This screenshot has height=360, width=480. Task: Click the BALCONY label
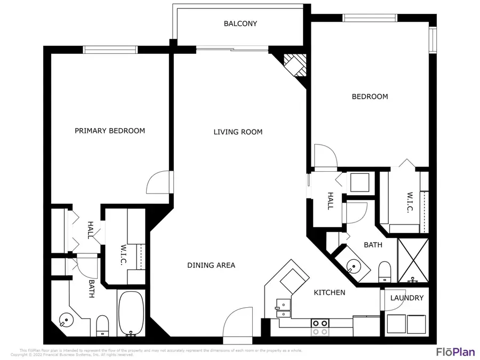(240, 23)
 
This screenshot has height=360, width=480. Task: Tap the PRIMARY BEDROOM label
(109, 131)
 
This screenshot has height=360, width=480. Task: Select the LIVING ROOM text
(238, 132)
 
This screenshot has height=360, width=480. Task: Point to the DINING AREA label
(211, 265)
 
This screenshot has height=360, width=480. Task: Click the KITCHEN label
(329, 292)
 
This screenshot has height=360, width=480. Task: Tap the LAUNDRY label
(407, 298)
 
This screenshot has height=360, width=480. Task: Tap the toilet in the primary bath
(102, 325)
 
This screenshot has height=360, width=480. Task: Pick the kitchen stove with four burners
(319, 326)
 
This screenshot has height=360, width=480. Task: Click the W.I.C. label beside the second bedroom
(410, 202)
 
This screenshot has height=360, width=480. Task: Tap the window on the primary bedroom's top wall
(110, 50)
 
